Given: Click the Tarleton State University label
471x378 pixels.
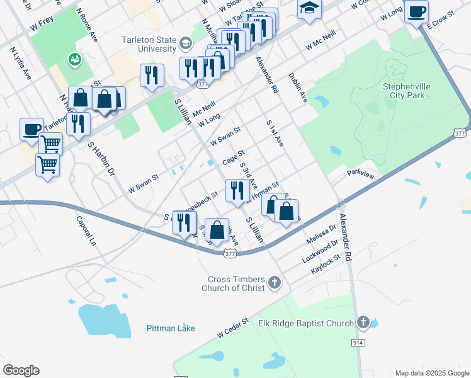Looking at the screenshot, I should tap(149, 44).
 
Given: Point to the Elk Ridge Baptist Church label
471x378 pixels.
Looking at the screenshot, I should tap(306, 323).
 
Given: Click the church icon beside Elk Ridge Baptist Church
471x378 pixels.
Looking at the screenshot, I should tap(363, 323).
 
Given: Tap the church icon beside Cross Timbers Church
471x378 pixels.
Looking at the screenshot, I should tap(274, 283).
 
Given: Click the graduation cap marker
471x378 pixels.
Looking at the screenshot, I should tap(309, 9).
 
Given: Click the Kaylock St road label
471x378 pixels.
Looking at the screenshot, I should tap(325, 264).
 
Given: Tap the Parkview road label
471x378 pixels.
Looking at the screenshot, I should tap(360, 173).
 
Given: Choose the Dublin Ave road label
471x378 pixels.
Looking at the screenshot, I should tap(298, 87).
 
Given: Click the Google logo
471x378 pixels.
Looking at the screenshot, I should tap(21, 370).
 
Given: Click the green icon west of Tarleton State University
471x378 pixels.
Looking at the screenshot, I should tap(75, 59).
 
